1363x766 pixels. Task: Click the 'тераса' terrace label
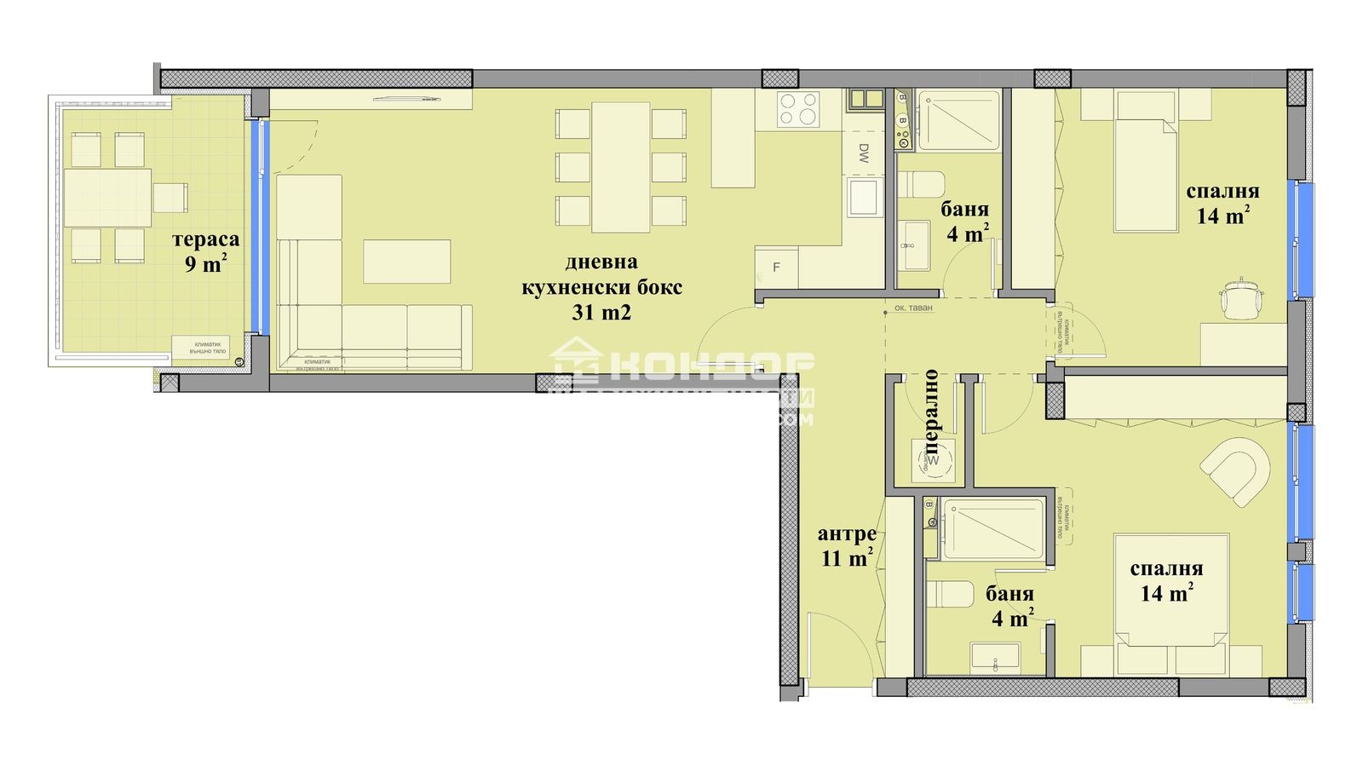point(205,239)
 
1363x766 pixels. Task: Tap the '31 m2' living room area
point(601,312)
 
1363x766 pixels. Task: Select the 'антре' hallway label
point(847,534)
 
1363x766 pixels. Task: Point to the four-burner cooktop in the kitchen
point(799,109)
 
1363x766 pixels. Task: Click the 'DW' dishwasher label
point(863,153)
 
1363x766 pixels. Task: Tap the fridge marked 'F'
point(776,268)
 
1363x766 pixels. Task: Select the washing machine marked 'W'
point(932,460)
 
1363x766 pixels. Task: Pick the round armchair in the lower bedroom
point(1236,470)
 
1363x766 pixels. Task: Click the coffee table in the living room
point(406,261)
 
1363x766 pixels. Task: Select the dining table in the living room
point(621,167)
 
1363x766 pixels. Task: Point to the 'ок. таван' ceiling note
point(913,308)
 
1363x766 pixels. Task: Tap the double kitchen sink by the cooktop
point(865,99)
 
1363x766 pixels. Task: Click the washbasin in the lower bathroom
point(994,656)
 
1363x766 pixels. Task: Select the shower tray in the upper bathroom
point(958,120)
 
